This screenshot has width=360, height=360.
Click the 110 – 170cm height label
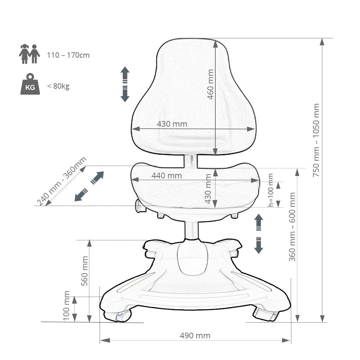[x=68, y=55]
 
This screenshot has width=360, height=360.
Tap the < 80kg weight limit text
[x=58, y=86]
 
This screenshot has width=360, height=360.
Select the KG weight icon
[x=30, y=84]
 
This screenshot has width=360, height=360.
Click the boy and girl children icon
[x=29, y=54]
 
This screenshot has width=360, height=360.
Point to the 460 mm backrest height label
[x=210, y=84]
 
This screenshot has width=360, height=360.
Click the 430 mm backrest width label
[x=172, y=124]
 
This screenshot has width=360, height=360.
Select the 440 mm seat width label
[x=167, y=176]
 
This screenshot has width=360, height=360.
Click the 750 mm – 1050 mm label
[x=316, y=140]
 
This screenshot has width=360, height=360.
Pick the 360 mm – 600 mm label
[x=292, y=227]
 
